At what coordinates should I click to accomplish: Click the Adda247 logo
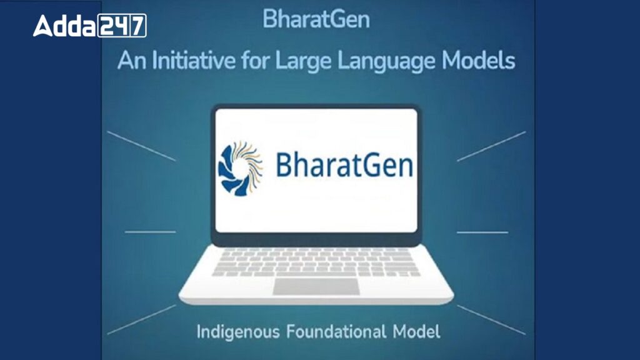pyautogui.click(x=89, y=26)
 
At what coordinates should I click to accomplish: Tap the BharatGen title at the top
pyautogui.click(x=316, y=19)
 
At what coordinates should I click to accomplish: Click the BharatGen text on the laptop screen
pyautogui.click(x=344, y=167)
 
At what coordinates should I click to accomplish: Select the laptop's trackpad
pyautogui.click(x=316, y=286)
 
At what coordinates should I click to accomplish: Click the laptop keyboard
pyautogui.click(x=316, y=261)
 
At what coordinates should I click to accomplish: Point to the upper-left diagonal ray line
pyautogui.click(x=141, y=146)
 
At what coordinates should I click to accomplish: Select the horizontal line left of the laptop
pyautogui.click(x=150, y=232)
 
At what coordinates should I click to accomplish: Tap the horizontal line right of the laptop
pyautogui.click(x=482, y=232)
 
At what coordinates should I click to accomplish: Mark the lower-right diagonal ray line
pyautogui.click(x=491, y=319)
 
